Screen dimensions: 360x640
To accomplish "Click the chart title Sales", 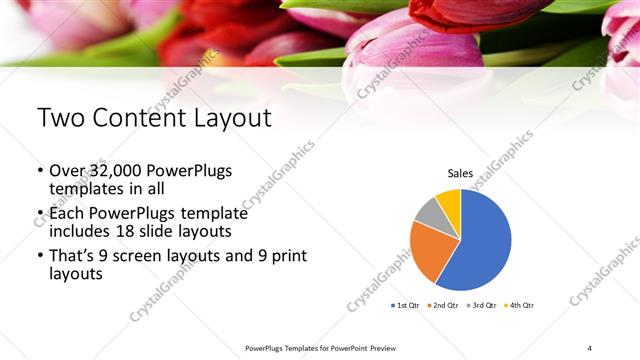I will (460, 173).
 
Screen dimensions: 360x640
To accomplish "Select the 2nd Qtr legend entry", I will (444, 304).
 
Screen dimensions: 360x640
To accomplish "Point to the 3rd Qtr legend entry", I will (483, 304).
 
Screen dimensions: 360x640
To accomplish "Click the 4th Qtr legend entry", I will (520, 304).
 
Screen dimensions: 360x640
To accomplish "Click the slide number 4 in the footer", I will (590, 347).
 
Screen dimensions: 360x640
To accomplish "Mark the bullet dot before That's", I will (40, 257).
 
